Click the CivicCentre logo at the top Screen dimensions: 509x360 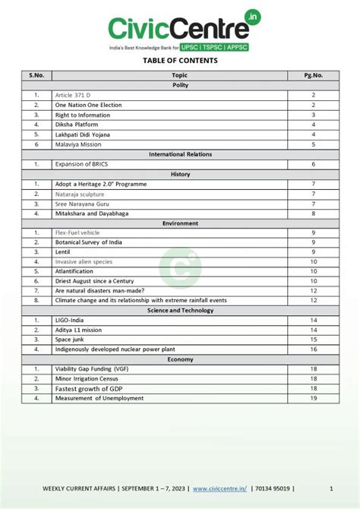[x=179, y=28]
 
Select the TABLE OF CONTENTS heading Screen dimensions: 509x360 [x=179, y=60]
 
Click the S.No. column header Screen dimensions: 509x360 [x=36, y=75]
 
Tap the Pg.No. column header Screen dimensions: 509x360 [x=313, y=75]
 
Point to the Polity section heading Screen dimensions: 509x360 [x=180, y=85]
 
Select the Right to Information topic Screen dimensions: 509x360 [x=84, y=115]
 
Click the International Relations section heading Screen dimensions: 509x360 [x=180, y=154]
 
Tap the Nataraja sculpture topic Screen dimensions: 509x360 [x=80, y=194]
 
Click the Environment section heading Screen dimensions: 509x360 [x=180, y=223]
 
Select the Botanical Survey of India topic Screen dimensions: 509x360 [x=90, y=242]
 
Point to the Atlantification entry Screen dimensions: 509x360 [x=76, y=271]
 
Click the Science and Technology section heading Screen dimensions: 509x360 [x=180, y=310]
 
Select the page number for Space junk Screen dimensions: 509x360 [x=313, y=340]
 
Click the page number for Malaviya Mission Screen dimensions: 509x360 [x=313, y=144]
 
